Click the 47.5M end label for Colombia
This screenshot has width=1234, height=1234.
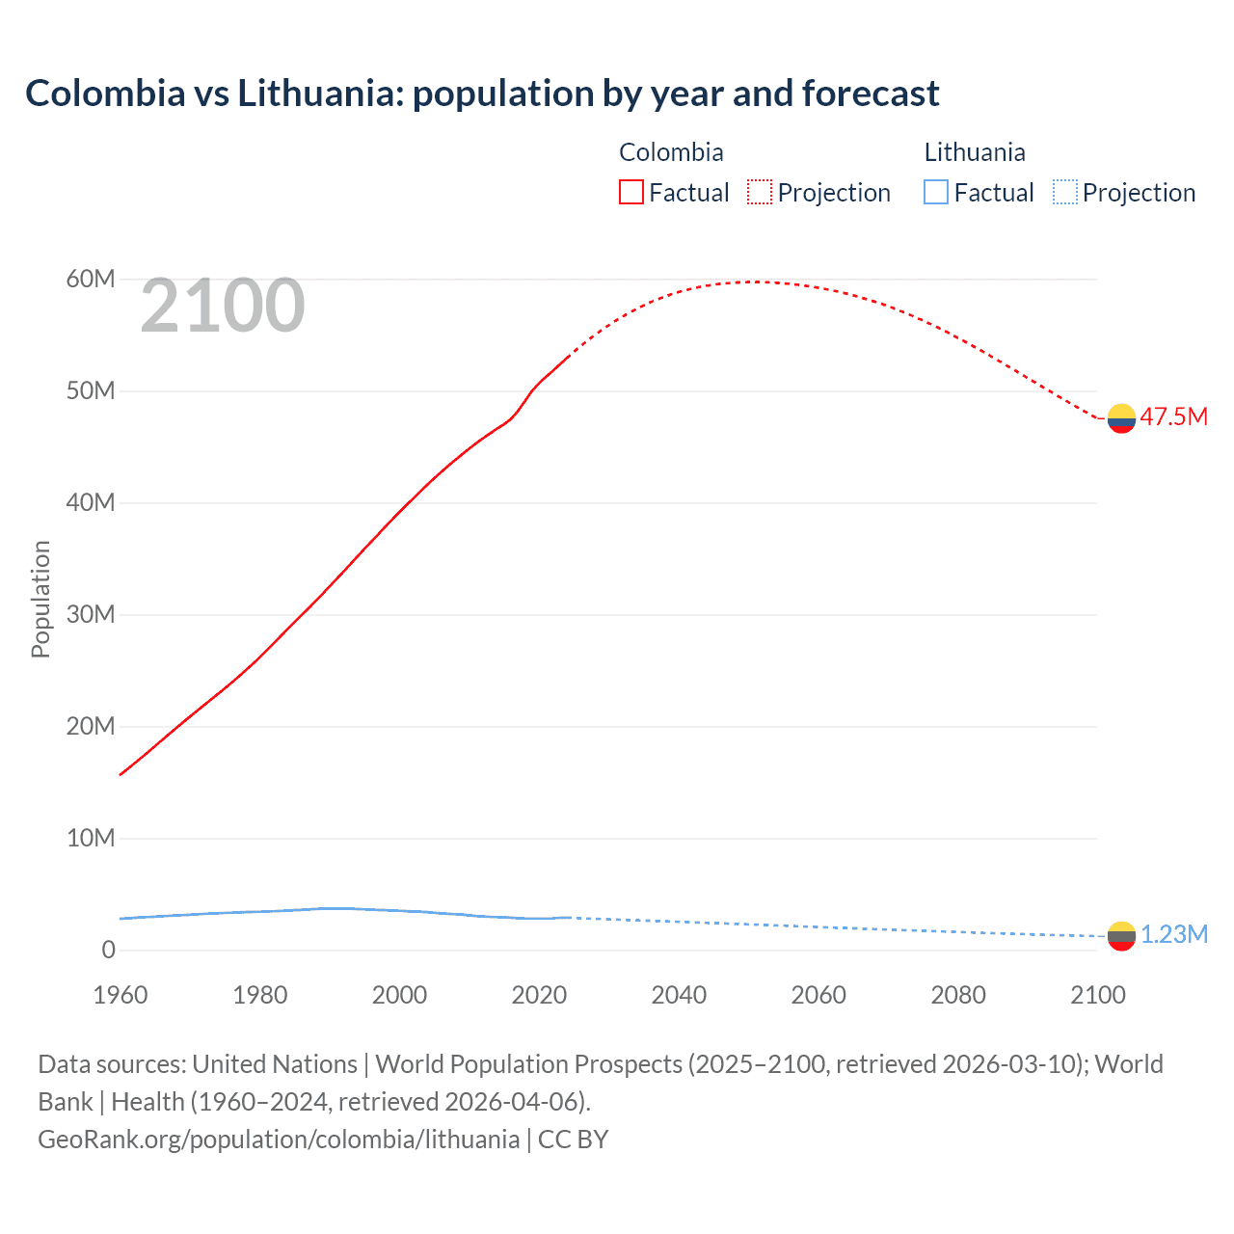(x=1173, y=417)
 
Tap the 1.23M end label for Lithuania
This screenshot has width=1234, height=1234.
(x=1174, y=935)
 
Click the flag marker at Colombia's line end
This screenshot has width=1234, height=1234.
(x=1121, y=418)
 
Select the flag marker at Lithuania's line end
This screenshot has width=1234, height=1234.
(x=1121, y=935)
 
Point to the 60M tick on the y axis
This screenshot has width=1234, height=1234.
(x=91, y=280)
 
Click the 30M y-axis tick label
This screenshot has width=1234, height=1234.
(x=91, y=615)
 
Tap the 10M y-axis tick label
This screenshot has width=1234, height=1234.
(x=91, y=839)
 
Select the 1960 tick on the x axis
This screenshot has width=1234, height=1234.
(x=121, y=995)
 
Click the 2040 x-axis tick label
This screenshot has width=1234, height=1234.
(x=679, y=995)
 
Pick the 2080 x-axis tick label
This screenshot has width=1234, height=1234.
(x=958, y=995)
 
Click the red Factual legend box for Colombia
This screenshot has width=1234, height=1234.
(x=631, y=193)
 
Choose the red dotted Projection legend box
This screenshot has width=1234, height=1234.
(x=760, y=193)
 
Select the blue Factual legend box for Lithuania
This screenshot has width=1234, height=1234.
(x=936, y=193)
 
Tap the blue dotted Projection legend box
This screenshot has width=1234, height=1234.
(x=1065, y=193)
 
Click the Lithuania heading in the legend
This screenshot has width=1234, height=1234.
(x=975, y=152)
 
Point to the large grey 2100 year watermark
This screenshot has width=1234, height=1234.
(x=223, y=307)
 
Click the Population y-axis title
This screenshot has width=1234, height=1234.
(x=40, y=600)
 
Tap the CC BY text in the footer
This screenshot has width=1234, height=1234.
(x=573, y=1140)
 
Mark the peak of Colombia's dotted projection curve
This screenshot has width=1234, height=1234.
(x=758, y=282)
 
